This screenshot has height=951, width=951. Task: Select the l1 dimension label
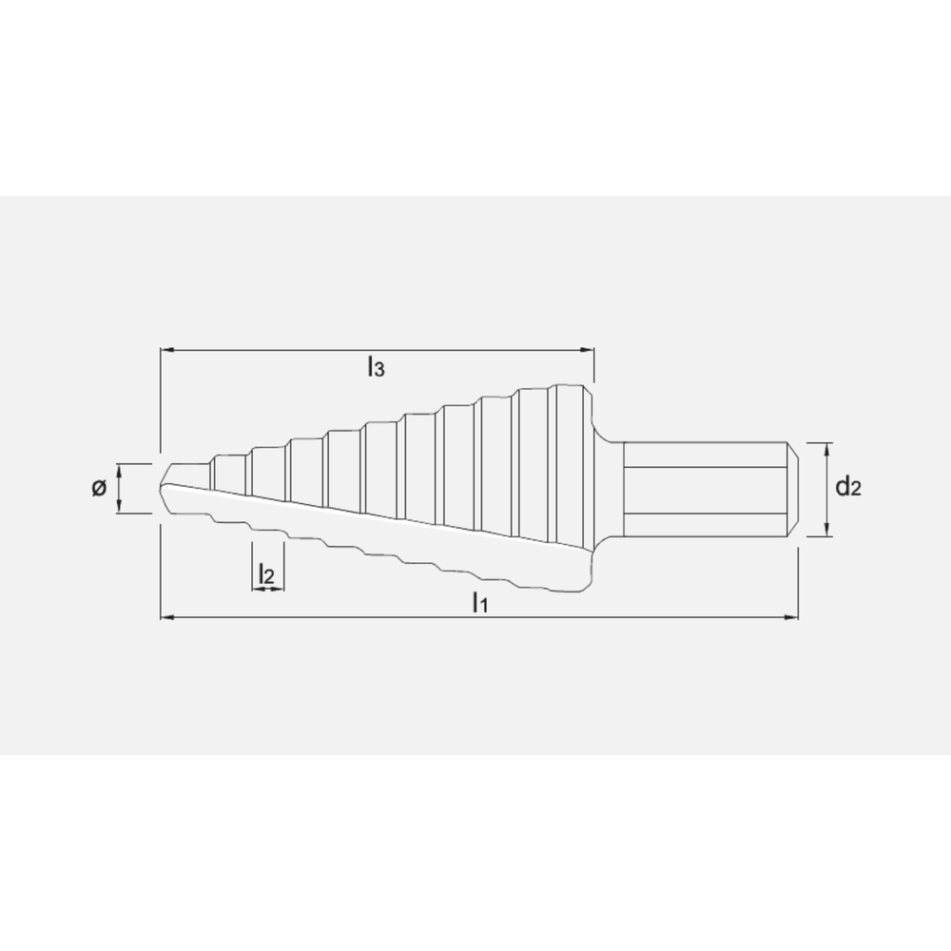[480, 602]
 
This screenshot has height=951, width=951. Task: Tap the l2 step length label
[267, 573]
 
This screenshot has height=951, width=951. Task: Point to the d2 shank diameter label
[847, 488]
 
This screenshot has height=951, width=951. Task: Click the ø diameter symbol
[98, 489]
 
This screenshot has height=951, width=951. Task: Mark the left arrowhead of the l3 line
[165, 351]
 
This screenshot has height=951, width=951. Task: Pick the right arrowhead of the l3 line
[589, 351]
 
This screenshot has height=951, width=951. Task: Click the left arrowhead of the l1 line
[165, 618]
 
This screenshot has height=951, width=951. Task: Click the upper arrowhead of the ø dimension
[119, 469]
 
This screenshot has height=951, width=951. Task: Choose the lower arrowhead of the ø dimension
[119, 508]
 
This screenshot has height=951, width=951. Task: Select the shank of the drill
[704, 491]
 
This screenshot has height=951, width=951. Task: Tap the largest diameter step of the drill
[566, 437]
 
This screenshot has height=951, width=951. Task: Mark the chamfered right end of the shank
[792, 491]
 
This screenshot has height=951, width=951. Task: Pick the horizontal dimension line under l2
[267, 590]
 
